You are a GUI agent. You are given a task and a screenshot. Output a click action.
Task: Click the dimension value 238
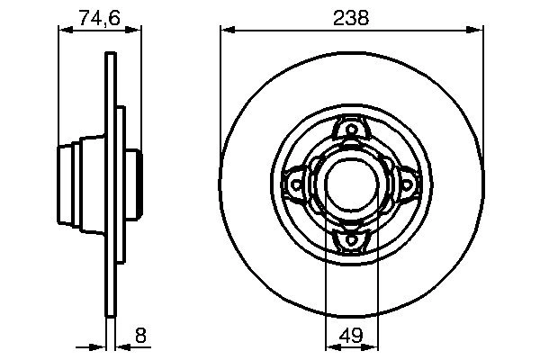tap(352, 18)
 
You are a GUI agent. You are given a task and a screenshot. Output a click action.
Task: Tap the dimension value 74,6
tap(100, 18)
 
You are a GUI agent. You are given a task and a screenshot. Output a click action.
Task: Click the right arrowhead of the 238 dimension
tap(479, 30)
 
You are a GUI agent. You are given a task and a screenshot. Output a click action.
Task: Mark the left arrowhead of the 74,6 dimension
tap(64, 30)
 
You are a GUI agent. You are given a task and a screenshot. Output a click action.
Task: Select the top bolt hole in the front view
tap(349, 130)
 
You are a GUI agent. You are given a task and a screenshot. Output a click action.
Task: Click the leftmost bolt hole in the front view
tap(295, 184)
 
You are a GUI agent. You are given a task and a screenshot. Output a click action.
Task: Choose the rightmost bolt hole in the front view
tap(404, 184)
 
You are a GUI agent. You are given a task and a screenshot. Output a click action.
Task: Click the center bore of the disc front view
tap(349, 184)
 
